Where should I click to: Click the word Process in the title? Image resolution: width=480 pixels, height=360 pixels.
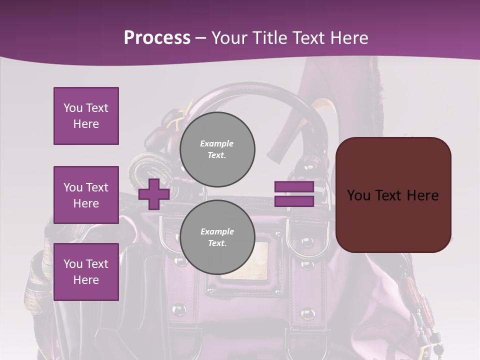tap(157, 38)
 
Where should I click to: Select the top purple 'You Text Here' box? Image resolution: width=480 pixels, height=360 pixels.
tap(86, 116)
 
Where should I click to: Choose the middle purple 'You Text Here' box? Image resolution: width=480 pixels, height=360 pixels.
tap(86, 195)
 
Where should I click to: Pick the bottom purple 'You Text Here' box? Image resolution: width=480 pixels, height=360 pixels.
tap(86, 272)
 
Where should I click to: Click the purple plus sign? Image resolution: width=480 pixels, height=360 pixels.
tap(154, 194)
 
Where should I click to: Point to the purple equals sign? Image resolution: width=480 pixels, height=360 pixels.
tap(294, 194)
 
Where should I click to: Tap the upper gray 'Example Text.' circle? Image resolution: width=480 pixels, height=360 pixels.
tap(217, 149)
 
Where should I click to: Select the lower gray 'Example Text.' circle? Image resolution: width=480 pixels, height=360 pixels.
tap(217, 237)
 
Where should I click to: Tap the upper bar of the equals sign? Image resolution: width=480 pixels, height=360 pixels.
tap(294, 187)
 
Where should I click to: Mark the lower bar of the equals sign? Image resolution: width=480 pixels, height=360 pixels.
tap(294, 201)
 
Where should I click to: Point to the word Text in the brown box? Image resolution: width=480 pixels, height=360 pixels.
tap(390, 195)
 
